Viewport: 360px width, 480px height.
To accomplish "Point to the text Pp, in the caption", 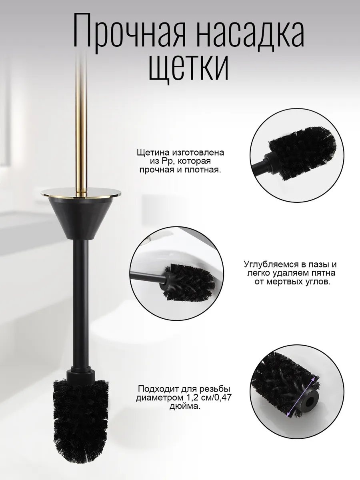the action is (163, 161).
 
